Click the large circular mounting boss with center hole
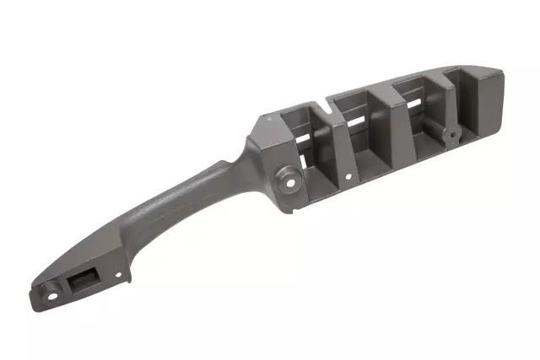290,179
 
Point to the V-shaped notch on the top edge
327,108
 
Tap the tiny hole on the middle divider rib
347,177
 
